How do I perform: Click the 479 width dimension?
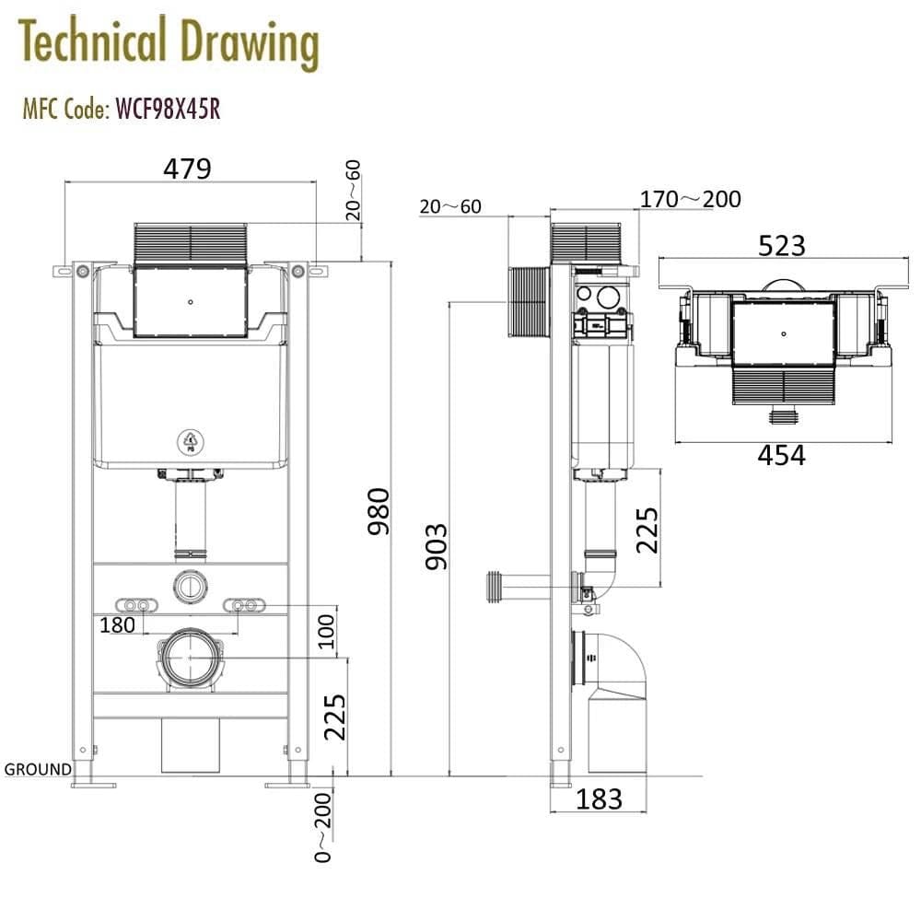point(187,169)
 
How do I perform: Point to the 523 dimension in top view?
point(781,246)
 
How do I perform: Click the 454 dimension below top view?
point(781,455)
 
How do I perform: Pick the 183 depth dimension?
point(599,799)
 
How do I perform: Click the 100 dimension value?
point(326,632)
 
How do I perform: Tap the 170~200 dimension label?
point(690,199)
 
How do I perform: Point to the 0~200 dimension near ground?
point(323,826)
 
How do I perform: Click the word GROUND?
point(38,769)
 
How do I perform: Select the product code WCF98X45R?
point(167,110)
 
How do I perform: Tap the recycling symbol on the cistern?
point(191,443)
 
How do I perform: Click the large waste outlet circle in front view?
point(191,658)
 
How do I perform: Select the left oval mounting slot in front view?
point(137,605)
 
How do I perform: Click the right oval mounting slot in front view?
point(244,605)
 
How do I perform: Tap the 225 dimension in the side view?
point(647,529)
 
